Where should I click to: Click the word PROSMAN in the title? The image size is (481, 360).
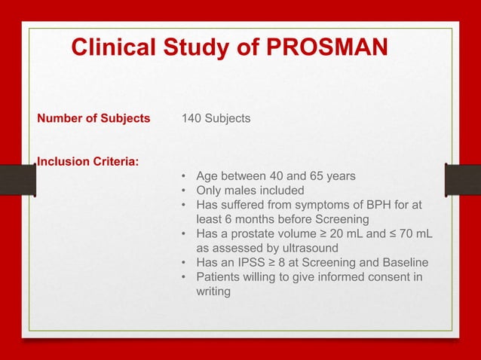326,48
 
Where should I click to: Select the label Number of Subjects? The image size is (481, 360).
93,118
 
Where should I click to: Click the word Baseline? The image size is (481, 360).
402,262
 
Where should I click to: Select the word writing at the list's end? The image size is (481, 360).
213,291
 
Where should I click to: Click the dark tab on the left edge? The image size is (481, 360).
17,181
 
